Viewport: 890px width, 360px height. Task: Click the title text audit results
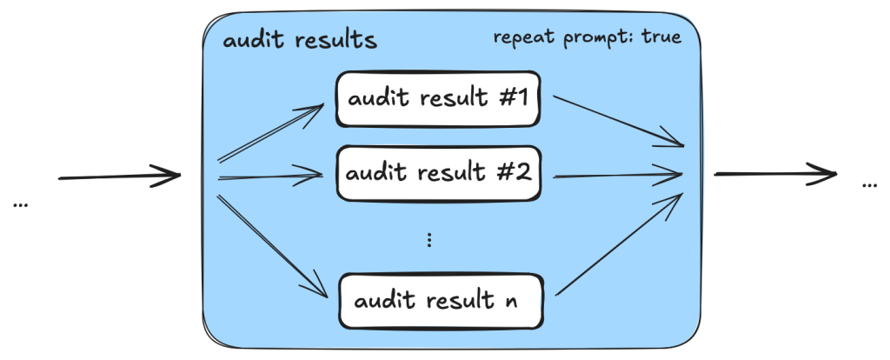click(x=300, y=41)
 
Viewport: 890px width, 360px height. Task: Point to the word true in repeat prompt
click(x=661, y=37)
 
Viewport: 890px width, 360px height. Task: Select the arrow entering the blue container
click(x=119, y=177)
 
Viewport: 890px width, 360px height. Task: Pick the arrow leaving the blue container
click(x=774, y=174)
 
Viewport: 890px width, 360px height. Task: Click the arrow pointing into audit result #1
click(x=274, y=134)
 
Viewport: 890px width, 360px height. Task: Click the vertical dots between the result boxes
click(x=430, y=240)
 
